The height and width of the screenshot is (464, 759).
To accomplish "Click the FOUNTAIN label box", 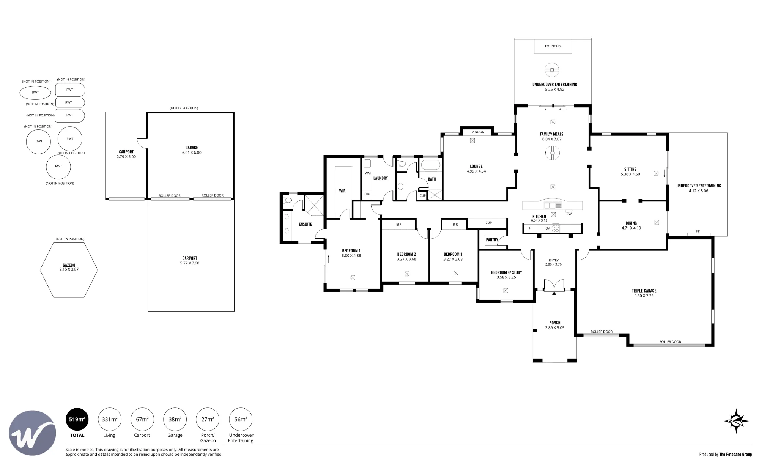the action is point(553,46).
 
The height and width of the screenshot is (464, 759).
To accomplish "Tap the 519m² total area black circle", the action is point(77,420).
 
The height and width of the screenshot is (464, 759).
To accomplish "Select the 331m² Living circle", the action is point(110,420).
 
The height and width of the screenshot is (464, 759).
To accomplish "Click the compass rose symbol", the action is point(736,421).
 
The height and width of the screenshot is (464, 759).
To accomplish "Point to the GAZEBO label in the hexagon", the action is point(69,265).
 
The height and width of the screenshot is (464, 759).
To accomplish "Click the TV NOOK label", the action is point(477,132).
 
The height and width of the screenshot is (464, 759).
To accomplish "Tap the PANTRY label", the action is point(492,240).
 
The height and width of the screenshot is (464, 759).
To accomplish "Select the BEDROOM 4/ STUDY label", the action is point(507,272).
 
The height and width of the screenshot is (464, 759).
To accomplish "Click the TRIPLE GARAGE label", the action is point(644,291).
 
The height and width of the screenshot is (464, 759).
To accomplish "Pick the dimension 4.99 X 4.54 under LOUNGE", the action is point(476,171).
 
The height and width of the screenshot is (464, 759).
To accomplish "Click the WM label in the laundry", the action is point(367,173).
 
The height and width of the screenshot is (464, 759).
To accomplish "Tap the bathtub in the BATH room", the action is point(430,165).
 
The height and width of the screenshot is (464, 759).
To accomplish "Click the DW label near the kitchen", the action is point(569,214).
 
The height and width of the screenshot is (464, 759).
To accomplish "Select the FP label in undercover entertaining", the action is point(698,231).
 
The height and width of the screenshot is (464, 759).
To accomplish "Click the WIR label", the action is point(342,191).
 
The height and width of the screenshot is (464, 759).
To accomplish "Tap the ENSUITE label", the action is point(305,224).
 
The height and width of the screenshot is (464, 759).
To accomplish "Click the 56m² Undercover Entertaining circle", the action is point(241,420).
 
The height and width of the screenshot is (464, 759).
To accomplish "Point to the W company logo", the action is point(32,433).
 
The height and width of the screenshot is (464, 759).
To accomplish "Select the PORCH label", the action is point(555,323).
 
